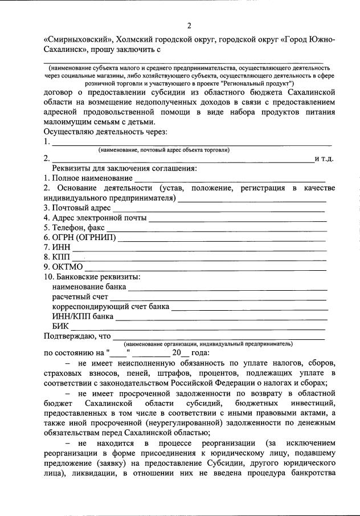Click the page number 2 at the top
point(189,25)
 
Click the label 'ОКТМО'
point(67,267)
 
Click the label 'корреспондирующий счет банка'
point(111,307)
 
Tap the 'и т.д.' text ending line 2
point(324,159)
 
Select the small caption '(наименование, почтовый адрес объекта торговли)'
point(164,150)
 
